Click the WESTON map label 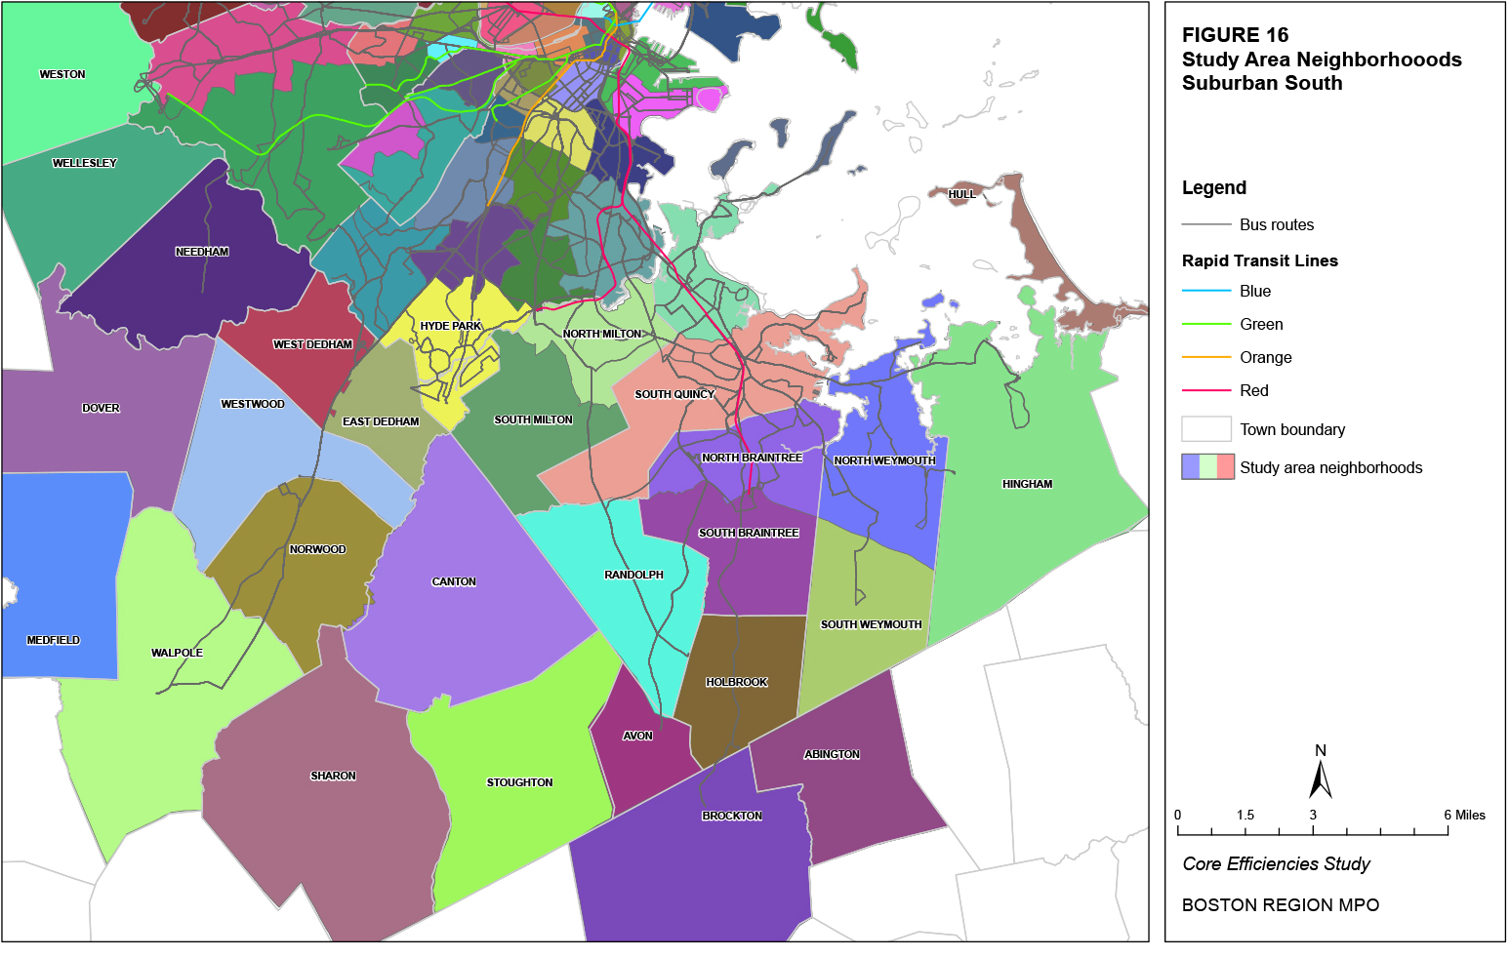(62, 74)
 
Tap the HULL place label (961, 194)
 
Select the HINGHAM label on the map (1027, 484)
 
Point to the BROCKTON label (732, 816)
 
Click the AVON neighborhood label (637, 736)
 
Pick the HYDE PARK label (450, 326)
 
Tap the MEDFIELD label (54, 640)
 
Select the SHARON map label (333, 776)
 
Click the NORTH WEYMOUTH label (884, 460)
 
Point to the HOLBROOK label (737, 682)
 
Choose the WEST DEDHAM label (312, 344)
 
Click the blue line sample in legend (1206, 291)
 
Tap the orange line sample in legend (1206, 357)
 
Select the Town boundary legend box (1206, 429)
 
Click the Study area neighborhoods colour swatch (1207, 467)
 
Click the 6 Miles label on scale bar (1464, 815)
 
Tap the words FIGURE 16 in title (1235, 35)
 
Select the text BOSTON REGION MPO (1280, 905)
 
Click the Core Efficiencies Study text (1276, 864)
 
